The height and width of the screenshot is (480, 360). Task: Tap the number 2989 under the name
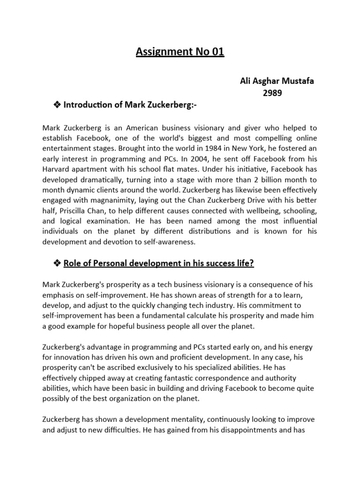pos(277,93)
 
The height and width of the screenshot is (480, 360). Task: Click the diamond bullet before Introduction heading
pos(58,105)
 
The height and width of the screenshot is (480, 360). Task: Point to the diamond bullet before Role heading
pos(58,263)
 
